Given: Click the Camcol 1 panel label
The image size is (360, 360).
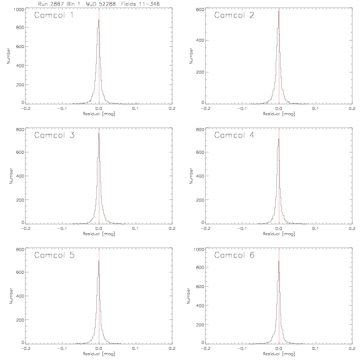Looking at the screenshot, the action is point(54,15).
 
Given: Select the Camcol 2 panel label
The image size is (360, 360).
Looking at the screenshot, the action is point(234,15).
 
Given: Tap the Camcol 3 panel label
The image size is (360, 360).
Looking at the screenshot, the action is point(54,135).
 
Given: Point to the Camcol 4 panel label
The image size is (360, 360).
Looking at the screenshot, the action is point(234,135).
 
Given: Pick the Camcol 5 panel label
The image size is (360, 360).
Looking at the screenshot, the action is point(54,255).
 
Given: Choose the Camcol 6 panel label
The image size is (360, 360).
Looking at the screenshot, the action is point(234,255).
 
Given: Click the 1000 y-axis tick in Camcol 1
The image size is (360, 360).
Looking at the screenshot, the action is point(19,9).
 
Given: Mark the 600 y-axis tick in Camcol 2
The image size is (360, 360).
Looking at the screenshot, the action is point(200,9).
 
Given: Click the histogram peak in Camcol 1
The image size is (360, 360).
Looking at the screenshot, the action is point(99,20).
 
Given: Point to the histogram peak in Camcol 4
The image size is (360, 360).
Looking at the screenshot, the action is point(279,139).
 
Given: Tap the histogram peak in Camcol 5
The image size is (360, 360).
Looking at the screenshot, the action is point(99,261).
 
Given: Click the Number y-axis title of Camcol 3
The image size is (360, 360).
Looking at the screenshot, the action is point(11,176).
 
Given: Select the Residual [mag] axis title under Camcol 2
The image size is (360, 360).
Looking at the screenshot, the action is point(279,114).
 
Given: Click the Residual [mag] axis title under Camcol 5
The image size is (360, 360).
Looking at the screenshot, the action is point(99,354).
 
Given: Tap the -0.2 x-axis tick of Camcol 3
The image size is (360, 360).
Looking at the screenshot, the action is point(26,229).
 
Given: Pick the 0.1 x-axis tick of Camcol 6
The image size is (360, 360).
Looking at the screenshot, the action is point(316,349).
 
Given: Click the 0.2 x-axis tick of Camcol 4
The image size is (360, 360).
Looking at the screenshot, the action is point(352,229).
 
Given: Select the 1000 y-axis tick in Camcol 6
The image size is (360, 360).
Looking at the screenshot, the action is point(199,249).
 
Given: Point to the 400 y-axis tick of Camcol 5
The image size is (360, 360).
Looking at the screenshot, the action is point(20,296).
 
